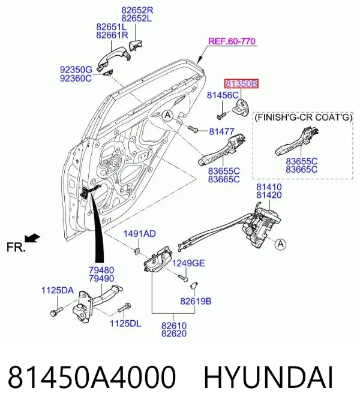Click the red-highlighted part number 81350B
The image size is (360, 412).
[241, 84]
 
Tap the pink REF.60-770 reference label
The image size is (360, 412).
[232, 41]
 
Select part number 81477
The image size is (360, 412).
[221, 131]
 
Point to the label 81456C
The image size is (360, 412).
[223, 95]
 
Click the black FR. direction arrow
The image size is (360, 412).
[32, 238]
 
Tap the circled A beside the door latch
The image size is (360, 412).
[281, 244]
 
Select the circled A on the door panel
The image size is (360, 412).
[167, 115]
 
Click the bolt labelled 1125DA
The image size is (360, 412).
[56, 311]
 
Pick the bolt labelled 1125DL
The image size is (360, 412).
[124, 308]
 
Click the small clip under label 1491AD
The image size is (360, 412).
[136, 251]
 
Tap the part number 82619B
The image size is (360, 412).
[196, 301]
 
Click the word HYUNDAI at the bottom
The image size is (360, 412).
[268, 377]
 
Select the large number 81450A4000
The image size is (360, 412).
[92, 377]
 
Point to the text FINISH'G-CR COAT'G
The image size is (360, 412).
[303, 117]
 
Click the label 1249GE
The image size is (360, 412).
[188, 263]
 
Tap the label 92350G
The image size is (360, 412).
[76, 70]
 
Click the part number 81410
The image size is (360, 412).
[269, 187]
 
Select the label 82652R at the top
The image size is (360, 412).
[137, 10]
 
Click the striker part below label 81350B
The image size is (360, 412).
[241, 107]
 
